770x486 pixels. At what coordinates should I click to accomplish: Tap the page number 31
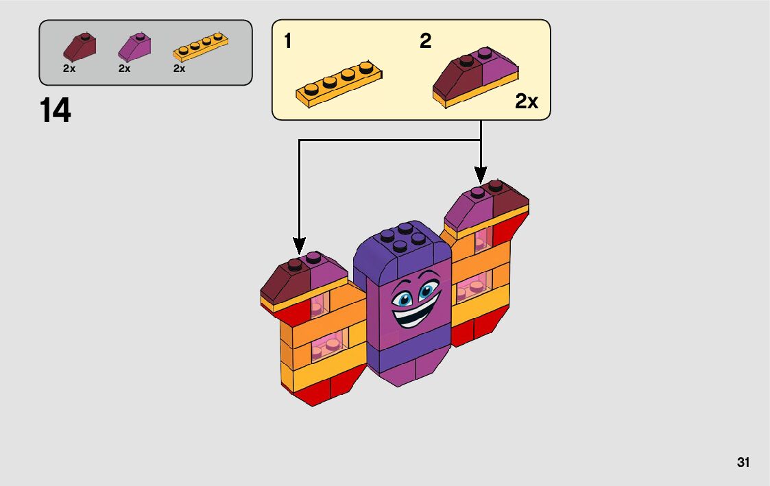[743, 463]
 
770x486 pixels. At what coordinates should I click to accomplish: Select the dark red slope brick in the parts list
[80, 47]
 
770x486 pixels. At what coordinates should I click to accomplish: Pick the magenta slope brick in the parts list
[134, 47]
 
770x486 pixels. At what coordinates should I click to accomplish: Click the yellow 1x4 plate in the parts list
[201, 47]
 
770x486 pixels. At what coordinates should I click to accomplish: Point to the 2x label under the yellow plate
[179, 69]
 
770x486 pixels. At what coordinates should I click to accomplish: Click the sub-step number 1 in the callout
[288, 40]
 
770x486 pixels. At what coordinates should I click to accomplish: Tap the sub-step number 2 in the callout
[425, 40]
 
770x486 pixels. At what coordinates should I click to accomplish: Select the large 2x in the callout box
[527, 101]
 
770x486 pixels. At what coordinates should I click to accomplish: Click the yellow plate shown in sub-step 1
[339, 84]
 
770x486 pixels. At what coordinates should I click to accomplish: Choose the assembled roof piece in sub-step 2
[475, 77]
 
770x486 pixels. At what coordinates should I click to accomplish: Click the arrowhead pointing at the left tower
[299, 245]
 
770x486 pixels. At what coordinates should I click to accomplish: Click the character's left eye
[402, 298]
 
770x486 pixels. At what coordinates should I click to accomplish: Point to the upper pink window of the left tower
[320, 304]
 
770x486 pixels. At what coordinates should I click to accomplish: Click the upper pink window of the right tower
[483, 240]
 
